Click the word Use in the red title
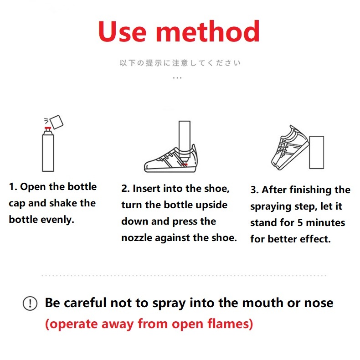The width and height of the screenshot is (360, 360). tap(123, 31)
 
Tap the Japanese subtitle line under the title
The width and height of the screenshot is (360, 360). tap(180, 63)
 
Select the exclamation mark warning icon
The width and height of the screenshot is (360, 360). tap(30, 303)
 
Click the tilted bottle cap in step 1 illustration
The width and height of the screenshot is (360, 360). tap(57, 122)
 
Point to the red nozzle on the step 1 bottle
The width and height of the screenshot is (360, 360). tap(48, 128)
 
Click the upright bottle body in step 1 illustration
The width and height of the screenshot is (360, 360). tap(48, 153)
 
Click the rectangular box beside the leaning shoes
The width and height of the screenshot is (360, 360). tap(317, 153)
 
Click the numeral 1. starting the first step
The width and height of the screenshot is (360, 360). tap(13, 187)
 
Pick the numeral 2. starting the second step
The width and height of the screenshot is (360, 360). tap(126, 189)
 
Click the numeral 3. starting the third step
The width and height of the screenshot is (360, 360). tap(255, 190)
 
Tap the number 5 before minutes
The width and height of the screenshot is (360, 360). tap(300, 222)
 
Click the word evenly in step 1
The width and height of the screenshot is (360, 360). tap(57, 220)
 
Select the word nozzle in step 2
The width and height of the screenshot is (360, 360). tap(137, 238)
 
